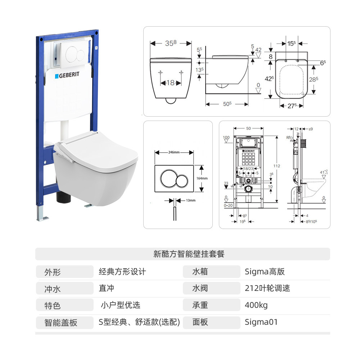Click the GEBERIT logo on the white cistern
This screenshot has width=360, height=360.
click(67, 76)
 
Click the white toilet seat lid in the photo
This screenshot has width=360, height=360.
click(97, 148)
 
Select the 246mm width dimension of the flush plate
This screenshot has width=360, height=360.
click(174, 152)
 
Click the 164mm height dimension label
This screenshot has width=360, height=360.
click(202, 178)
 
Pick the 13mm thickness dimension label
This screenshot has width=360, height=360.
click(191, 200)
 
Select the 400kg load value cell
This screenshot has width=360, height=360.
click(256, 305)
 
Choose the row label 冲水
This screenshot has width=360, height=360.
click(53, 288)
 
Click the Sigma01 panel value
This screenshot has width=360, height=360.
click(261, 322)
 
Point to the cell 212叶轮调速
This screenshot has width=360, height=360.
click(267, 288)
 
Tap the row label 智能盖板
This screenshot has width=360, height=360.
click(61, 322)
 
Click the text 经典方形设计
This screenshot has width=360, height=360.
click(122, 271)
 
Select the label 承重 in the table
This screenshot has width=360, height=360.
click(200, 305)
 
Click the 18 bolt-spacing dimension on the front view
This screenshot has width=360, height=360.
click(170, 83)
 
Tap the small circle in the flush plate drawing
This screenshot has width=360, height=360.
click(182, 178)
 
